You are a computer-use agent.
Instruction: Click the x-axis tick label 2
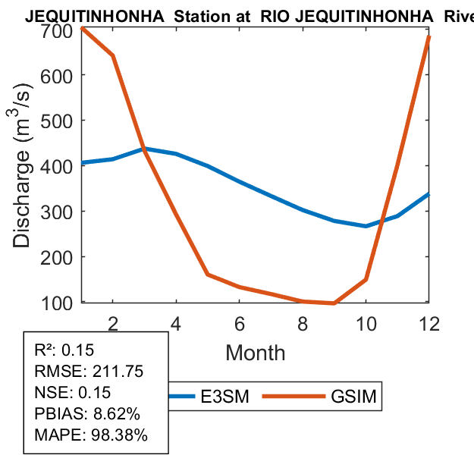[x=113, y=323]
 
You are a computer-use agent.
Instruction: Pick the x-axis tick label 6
[x=240, y=323]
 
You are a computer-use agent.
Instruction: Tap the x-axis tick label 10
[x=366, y=323]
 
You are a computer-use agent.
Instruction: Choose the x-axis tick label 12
[x=429, y=323]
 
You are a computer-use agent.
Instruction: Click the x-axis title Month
[x=256, y=352]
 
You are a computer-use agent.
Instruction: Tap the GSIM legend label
[x=353, y=396]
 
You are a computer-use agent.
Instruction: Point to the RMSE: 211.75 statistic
[x=89, y=372]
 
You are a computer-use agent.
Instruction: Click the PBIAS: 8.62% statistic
[x=87, y=414]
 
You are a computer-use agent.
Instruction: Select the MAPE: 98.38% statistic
[x=91, y=435]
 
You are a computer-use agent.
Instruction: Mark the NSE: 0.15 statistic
[x=73, y=393]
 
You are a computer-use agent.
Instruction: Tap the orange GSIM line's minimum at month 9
[x=334, y=303]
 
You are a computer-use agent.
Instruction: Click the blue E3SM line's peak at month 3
[x=145, y=149]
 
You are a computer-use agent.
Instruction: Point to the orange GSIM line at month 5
[x=208, y=275]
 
